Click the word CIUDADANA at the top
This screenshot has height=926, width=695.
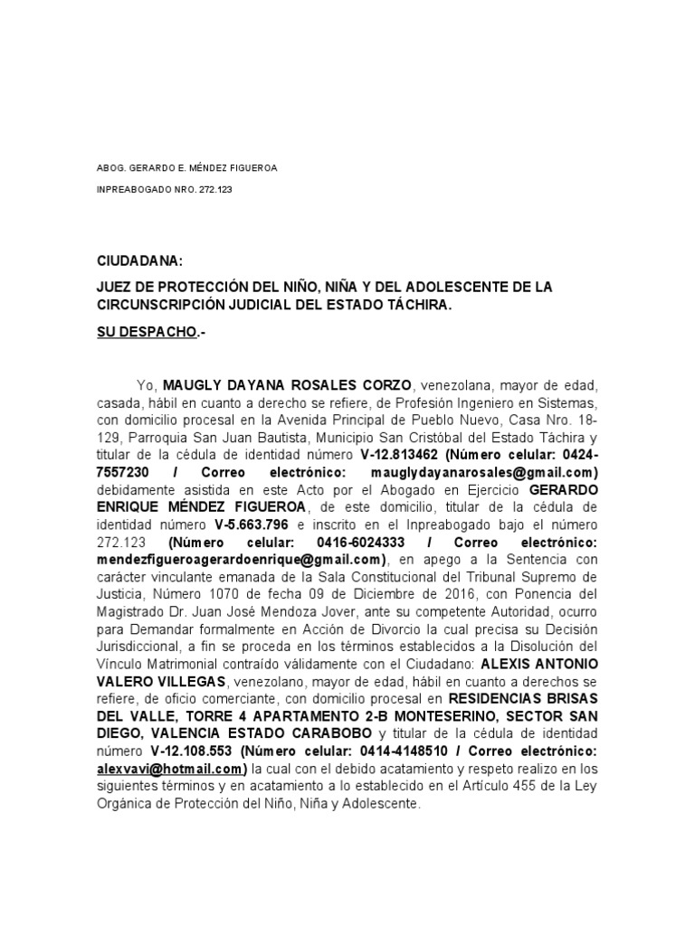(x=140, y=261)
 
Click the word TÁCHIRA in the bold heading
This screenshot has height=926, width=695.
(x=417, y=306)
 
